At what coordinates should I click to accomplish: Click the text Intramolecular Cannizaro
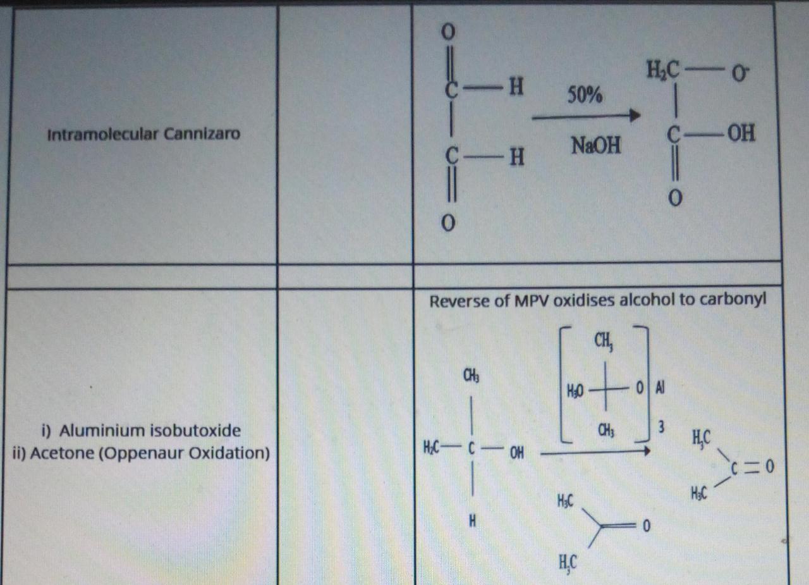(x=144, y=134)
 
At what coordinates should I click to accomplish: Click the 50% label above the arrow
(x=585, y=95)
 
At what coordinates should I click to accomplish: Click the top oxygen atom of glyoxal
(x=448, y=30)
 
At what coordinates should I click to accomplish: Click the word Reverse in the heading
(x=458, y=301)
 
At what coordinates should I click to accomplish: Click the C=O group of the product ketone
(x=752, y=467)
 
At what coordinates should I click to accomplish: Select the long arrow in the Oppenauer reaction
(x=595, y=452)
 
